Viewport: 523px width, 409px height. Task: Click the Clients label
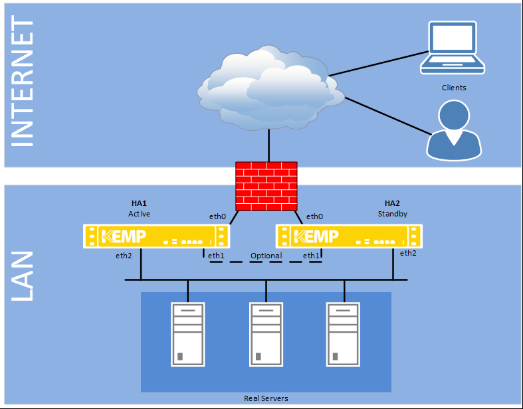click(454, 88)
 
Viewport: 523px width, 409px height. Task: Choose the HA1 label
click(140, 203)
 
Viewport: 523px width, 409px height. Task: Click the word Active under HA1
click(140, 214)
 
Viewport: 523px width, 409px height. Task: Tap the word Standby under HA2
click(393, 214)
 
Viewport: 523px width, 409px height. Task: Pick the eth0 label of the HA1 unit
click(217, 216)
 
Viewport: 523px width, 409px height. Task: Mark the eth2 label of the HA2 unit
click(408, 253)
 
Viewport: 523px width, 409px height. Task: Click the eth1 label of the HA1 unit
click(215, 256)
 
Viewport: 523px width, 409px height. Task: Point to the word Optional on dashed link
click(266, 256)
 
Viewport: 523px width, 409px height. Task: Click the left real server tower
click(187, 335)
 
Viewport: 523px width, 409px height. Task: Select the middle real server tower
click(266, 335)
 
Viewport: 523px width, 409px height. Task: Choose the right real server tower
click(344, 335)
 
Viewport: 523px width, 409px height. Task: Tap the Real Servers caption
click(266, 398)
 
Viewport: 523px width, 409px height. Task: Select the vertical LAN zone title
click(23, 276)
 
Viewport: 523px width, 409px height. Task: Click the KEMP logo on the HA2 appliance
click(316, 236)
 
